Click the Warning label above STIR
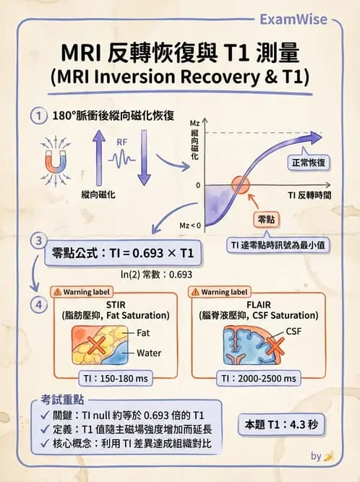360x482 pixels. click(82, 293)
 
